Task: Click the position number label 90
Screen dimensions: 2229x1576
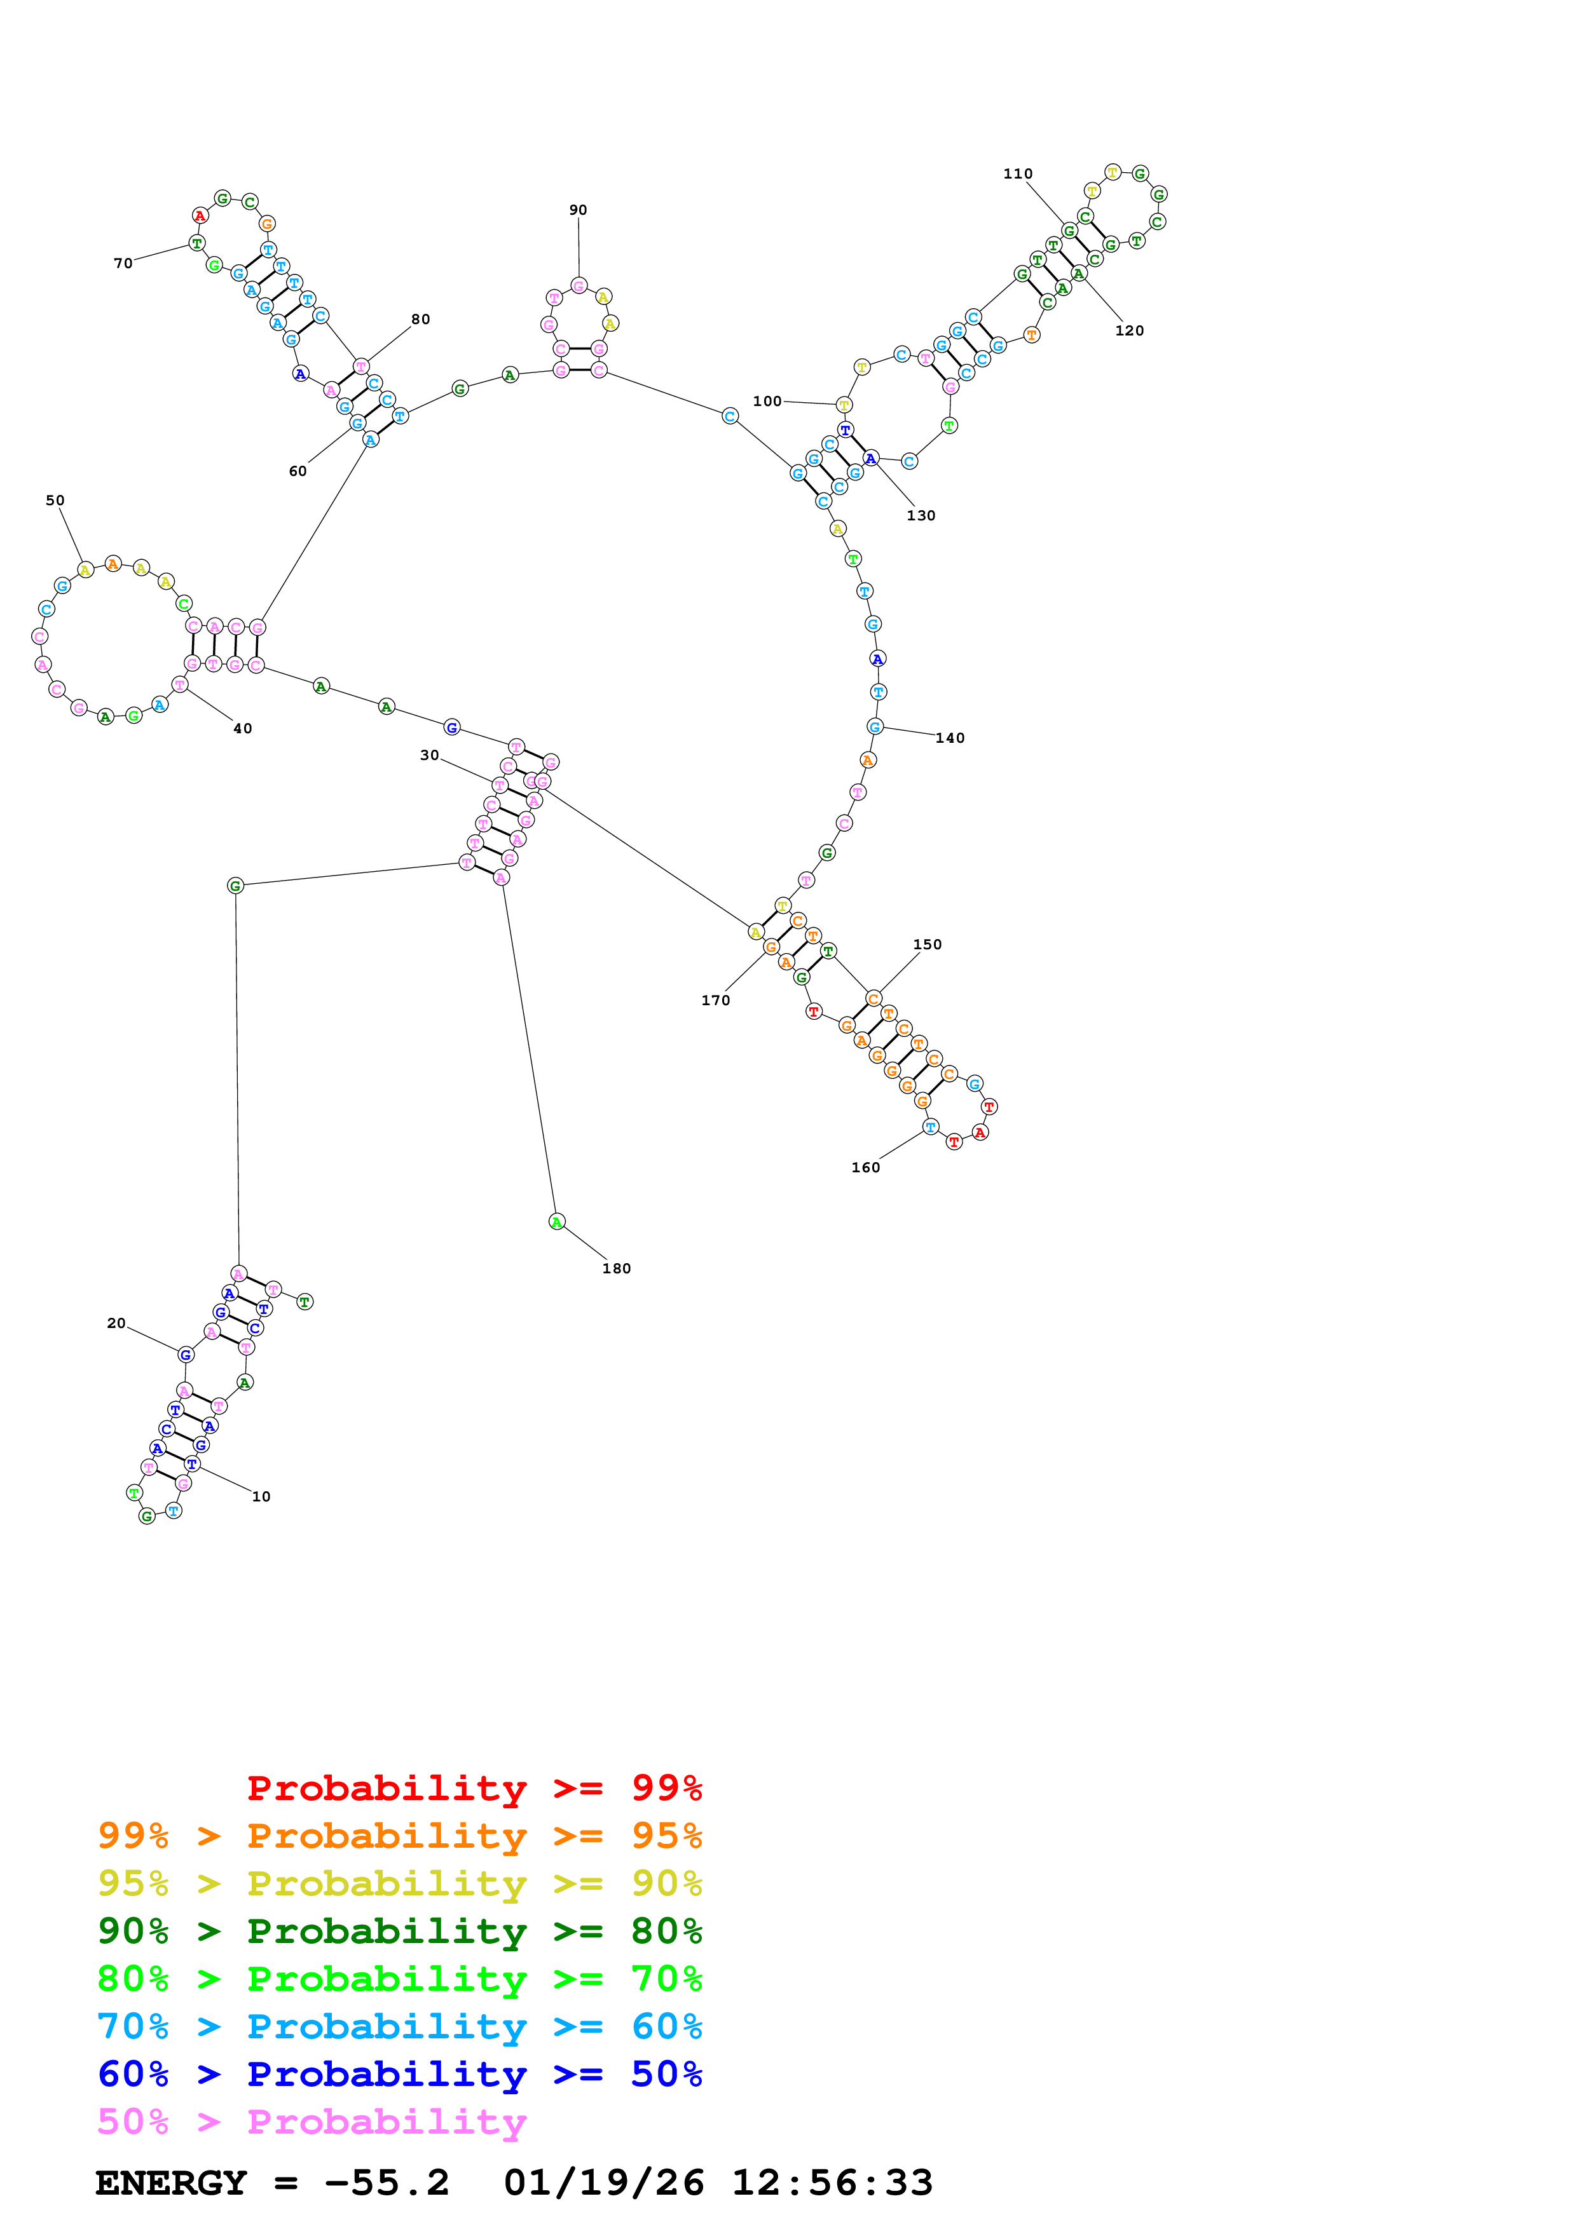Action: pyautogui.click(x=578, y=210)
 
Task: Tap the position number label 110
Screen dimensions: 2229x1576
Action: pyautogui.click(x=1018, y=173)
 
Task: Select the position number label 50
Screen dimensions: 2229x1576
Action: pyautogui.click(x=55, y=500)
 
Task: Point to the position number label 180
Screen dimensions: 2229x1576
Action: pyautogui.click(x=617, y=1268)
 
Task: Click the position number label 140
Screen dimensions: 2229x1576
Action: pyautogui.click(x=950, y=738)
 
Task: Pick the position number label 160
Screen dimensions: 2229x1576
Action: pyautogui.click(x=865, y=1167)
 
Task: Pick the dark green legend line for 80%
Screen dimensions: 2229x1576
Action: pyautogui.click(x=399, y=1931)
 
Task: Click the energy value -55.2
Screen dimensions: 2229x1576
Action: pyautogui.click(x=387, y=2183)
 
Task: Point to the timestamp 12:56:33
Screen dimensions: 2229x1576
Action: pyautogui.click(x=832, y=2183)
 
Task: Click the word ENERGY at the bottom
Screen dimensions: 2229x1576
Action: pyautogui.click(x=171, y=2183)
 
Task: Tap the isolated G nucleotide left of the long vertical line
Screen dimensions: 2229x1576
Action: pyautogui.click(x=235, y=885)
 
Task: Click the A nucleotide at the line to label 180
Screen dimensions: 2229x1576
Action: pyautogui.click(x=556, y=1221)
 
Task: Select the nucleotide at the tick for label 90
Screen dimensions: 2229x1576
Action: pyautogui.click(x=579, y=285)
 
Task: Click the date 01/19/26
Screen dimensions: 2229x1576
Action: pyautogui.click(x=603, y=2183)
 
